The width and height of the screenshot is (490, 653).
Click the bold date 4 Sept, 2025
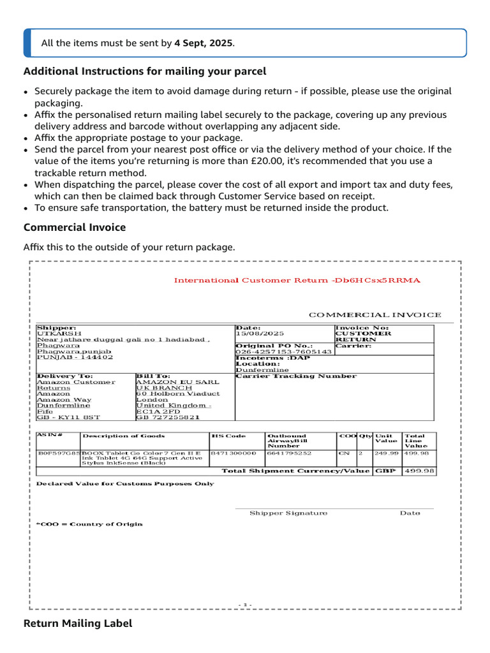(206, 43)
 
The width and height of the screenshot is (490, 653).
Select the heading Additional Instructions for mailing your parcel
(145, 71)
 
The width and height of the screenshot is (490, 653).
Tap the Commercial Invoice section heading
(75, 227)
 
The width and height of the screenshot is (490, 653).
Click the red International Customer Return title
(297, 280)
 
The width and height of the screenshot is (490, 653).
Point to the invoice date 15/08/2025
(260, 334)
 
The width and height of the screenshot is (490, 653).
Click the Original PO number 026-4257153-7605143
(284, 351)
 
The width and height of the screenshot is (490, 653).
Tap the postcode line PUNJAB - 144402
(75, 357)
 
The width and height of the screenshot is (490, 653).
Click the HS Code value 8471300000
(233, 453)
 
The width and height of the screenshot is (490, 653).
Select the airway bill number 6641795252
(290, 453)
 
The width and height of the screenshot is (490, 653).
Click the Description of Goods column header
(124, 436)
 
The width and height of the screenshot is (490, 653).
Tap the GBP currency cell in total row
(385, 471)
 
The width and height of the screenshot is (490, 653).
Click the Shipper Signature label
(288, 513)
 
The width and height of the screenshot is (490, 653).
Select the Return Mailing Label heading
(78, 624)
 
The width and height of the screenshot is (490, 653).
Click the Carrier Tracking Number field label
(296, 376)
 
